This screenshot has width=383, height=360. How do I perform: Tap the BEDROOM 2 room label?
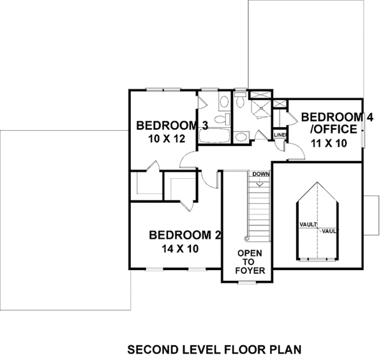184,235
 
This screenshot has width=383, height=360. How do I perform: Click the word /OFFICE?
332,130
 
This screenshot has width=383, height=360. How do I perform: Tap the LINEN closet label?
280,135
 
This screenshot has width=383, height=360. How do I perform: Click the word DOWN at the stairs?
259,174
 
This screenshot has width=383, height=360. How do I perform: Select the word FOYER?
246,270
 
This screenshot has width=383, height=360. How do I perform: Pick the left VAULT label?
308,225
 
